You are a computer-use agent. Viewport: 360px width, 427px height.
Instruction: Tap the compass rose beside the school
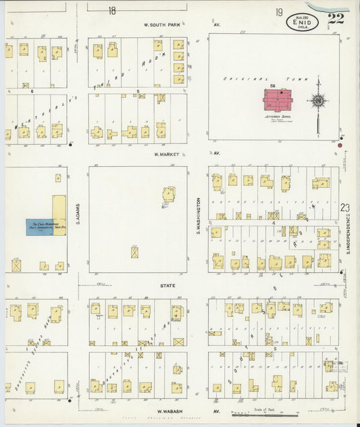(318, 101)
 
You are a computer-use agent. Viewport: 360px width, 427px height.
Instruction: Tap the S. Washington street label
(199, 216)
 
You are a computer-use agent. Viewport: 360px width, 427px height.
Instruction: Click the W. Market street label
(165, 154)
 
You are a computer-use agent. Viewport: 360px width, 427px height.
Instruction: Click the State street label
(168, 285)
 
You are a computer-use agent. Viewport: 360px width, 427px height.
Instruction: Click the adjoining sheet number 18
(111, 10)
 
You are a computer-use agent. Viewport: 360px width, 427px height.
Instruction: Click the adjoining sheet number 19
(278, 12)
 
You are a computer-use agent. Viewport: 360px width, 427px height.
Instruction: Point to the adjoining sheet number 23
(346, 209)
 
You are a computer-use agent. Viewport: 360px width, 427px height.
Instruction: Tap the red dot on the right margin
(341, 144)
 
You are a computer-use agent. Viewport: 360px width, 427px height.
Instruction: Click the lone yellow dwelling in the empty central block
(168, 195)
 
